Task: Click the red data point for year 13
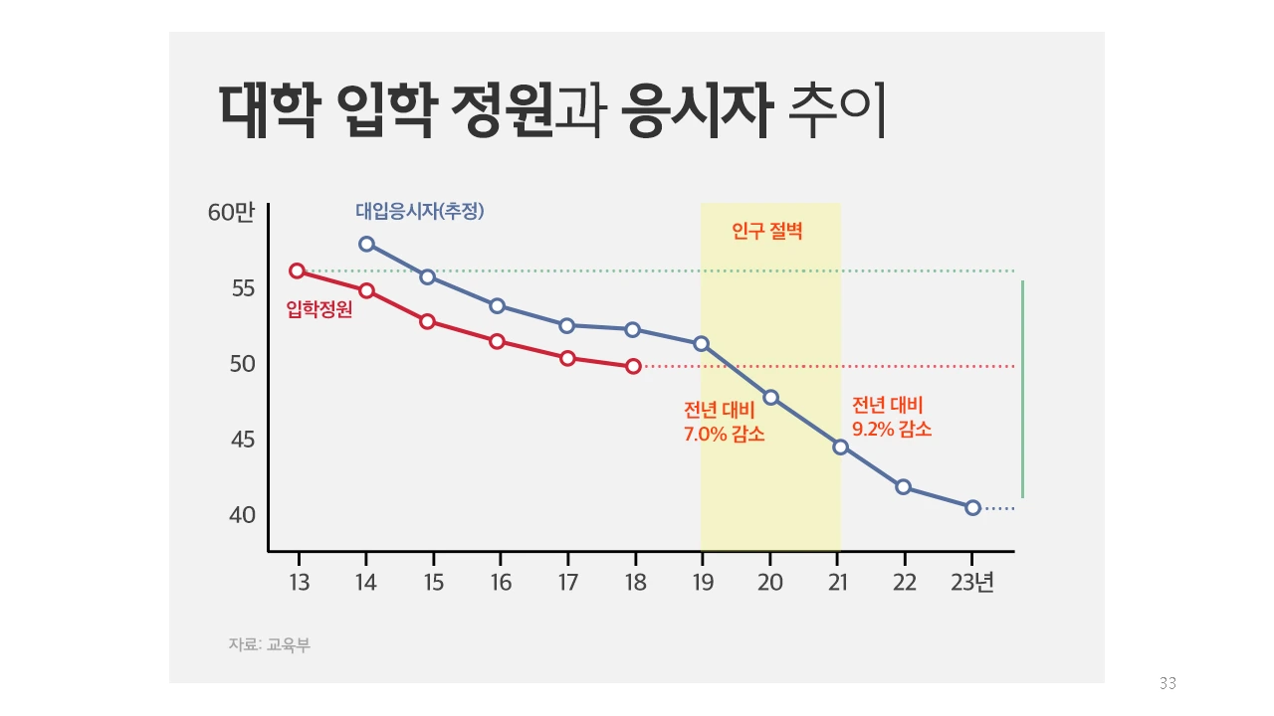click(297, 270)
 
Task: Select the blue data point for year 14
click(366, 244)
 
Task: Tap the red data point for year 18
click(634, 366)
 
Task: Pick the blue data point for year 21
click(840, 447)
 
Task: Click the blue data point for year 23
click(972, 507)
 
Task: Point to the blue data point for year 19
click(701, 343)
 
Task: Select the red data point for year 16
click(497, 341)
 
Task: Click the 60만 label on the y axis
click(232, 213)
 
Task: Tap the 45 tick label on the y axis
click(243, 440)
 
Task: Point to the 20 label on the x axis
click(769, 583)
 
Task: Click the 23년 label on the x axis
click(972, 583)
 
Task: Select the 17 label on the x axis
click(566, 583)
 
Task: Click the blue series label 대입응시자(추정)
click(419, 211)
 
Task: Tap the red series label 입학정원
click(318, 309)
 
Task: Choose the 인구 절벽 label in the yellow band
click(766, 233)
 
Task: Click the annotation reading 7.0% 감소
click(724, 434)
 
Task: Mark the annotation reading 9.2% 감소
click(892, 429)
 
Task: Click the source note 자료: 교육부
click(269, 644)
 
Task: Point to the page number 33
click(1168, 683)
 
